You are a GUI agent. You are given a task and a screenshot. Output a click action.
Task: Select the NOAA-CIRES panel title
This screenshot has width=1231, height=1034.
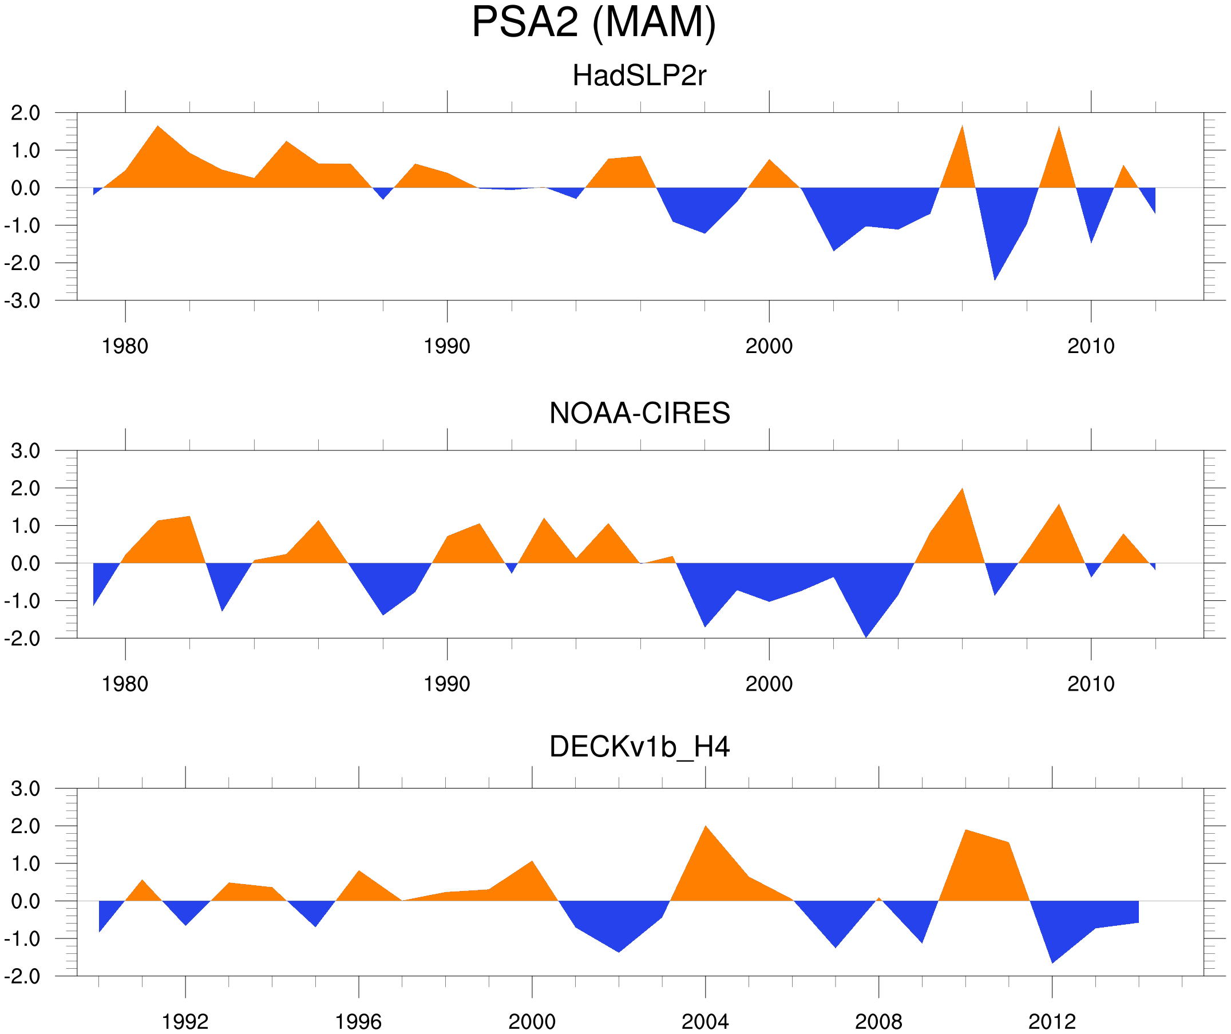639,414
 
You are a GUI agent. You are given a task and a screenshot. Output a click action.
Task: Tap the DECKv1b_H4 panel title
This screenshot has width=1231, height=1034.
639,747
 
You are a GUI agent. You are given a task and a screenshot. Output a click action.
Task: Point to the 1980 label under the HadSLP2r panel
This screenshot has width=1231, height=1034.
125,346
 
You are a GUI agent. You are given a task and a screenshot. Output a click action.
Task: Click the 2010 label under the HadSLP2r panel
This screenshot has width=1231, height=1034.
1091,346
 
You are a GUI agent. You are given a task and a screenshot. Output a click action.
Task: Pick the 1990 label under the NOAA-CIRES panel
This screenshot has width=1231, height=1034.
447,684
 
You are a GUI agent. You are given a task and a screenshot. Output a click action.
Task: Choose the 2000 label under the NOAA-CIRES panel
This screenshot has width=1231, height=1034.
769,684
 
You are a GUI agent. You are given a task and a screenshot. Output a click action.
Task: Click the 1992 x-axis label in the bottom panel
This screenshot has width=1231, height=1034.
185,1021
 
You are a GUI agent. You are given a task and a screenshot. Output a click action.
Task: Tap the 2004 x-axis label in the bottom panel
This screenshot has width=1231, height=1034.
705,1021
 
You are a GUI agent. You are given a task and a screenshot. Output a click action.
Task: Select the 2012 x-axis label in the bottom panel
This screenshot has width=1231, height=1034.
1052,1021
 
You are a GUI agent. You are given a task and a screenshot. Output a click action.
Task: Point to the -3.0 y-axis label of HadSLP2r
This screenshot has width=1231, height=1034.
22,302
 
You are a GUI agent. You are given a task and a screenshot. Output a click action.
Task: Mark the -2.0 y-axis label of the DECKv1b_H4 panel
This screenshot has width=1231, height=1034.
22,977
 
